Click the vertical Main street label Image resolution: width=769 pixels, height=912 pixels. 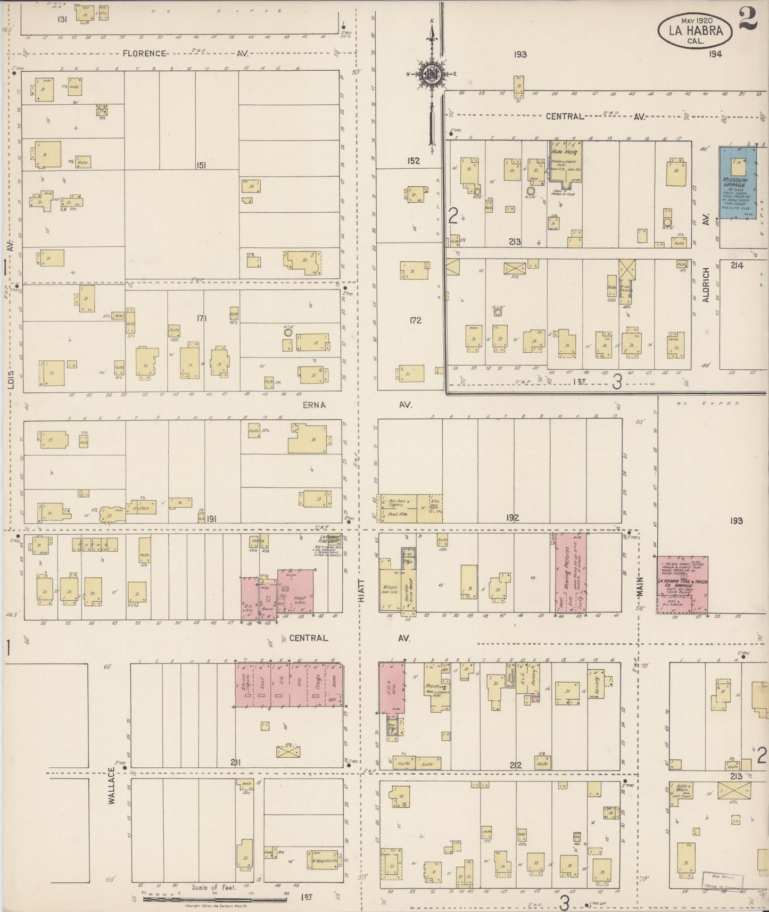click(x=639, y=590)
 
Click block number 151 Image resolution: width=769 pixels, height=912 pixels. click(x=200, y=165)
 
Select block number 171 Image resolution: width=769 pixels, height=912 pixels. click(x=201, y=319)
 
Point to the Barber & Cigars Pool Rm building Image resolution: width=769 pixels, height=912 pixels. click(x=396, y=508)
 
